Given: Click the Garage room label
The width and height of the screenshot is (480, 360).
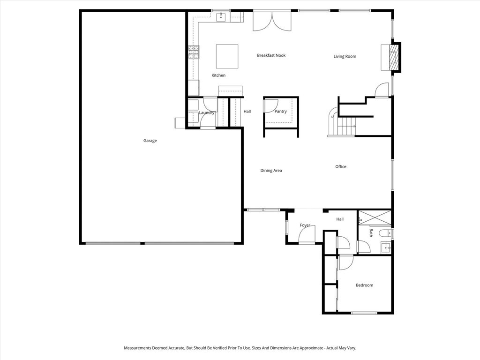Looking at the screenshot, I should click(x=150, y=141).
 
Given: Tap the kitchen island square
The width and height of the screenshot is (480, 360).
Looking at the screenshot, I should click(x=227, y=56).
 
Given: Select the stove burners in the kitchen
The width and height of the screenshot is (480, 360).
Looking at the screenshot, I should click(x=193, y=52).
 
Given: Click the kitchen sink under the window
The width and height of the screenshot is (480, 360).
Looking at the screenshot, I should click(x=221, y=18).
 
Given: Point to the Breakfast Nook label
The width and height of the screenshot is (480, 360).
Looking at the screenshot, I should click(x=271, y=55).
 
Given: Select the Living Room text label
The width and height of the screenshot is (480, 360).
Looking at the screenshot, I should click(x=345, y=57).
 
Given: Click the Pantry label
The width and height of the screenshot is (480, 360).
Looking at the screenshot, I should click(x=280, y=112).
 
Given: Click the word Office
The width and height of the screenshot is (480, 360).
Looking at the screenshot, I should click(x=341, y=167).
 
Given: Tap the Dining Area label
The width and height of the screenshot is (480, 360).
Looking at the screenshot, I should click(x=271, y=171).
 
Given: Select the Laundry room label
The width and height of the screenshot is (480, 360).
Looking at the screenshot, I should click(x=206, y=112).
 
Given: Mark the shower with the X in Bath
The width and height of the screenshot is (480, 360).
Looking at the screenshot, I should click(x=375, y=218).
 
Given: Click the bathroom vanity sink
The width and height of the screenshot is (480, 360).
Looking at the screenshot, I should click(x=385, y=247).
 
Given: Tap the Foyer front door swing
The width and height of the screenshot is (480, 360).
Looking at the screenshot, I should click(x=307, y=234).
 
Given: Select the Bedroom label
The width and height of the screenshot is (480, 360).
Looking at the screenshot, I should click(x=364, y=285).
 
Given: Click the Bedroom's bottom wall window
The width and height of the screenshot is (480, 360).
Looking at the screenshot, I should click(x=364, y=313).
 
